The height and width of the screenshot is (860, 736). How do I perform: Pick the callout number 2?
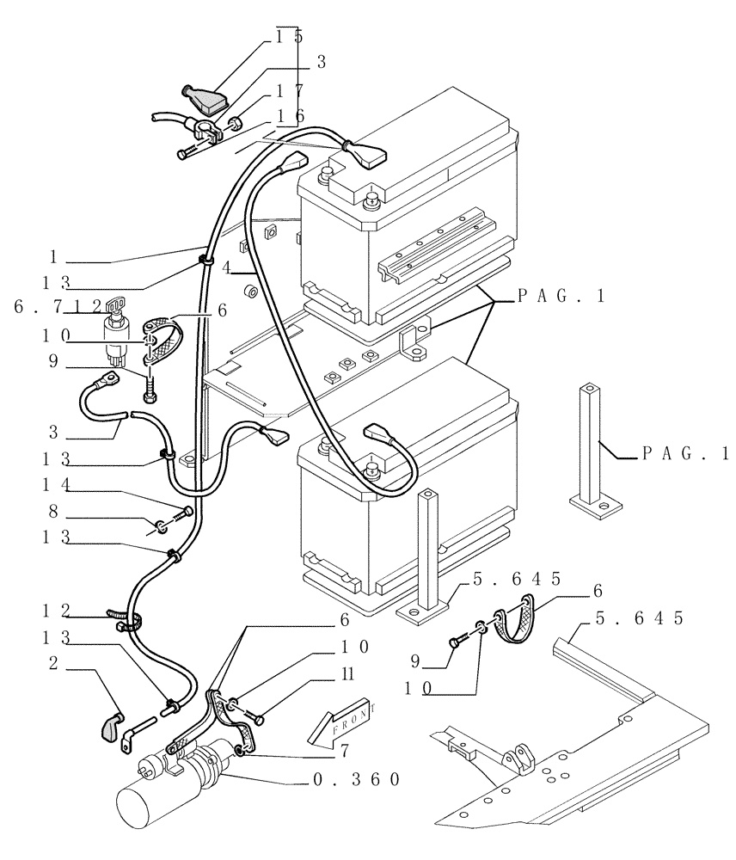(53, 662)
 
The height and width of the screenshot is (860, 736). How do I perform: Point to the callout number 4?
(225, 267)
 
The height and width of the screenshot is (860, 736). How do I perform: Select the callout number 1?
(53, 255)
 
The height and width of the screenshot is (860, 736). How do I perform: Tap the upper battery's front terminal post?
(371, 200)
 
